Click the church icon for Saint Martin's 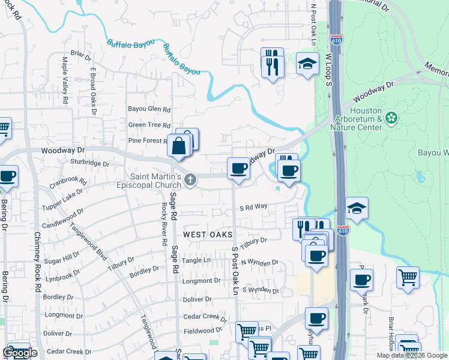pos(190,179)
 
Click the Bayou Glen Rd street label pos(149,109)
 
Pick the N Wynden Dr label pos(259,262)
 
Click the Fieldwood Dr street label pos(203,330)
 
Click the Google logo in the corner pos(20,353)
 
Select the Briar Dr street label pos(80,58)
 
